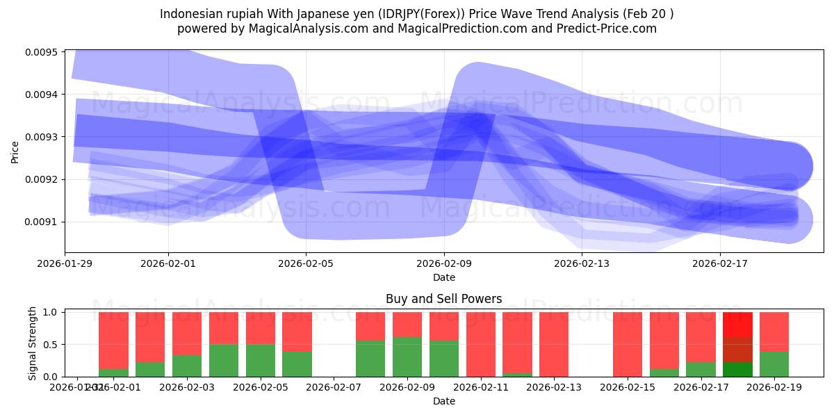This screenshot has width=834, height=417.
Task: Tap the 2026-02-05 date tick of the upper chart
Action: pos(306,264)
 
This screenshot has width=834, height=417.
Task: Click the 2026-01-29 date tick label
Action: pos(65,264)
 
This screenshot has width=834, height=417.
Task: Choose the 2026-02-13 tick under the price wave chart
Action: pos(582,264)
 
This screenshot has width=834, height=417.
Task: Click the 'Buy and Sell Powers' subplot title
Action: pos(443,300)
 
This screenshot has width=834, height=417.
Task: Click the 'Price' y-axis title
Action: pos(15,152)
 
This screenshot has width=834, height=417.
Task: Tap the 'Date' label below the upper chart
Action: pos(443,277)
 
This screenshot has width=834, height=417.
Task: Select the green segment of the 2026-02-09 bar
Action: pos(407,357)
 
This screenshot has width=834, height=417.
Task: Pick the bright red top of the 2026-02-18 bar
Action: pos(737,325)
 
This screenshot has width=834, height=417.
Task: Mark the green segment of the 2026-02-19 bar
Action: pos(774,363)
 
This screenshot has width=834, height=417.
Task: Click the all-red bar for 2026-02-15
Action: pos(628,344)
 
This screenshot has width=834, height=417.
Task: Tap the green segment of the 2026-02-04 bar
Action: pos(224,360)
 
